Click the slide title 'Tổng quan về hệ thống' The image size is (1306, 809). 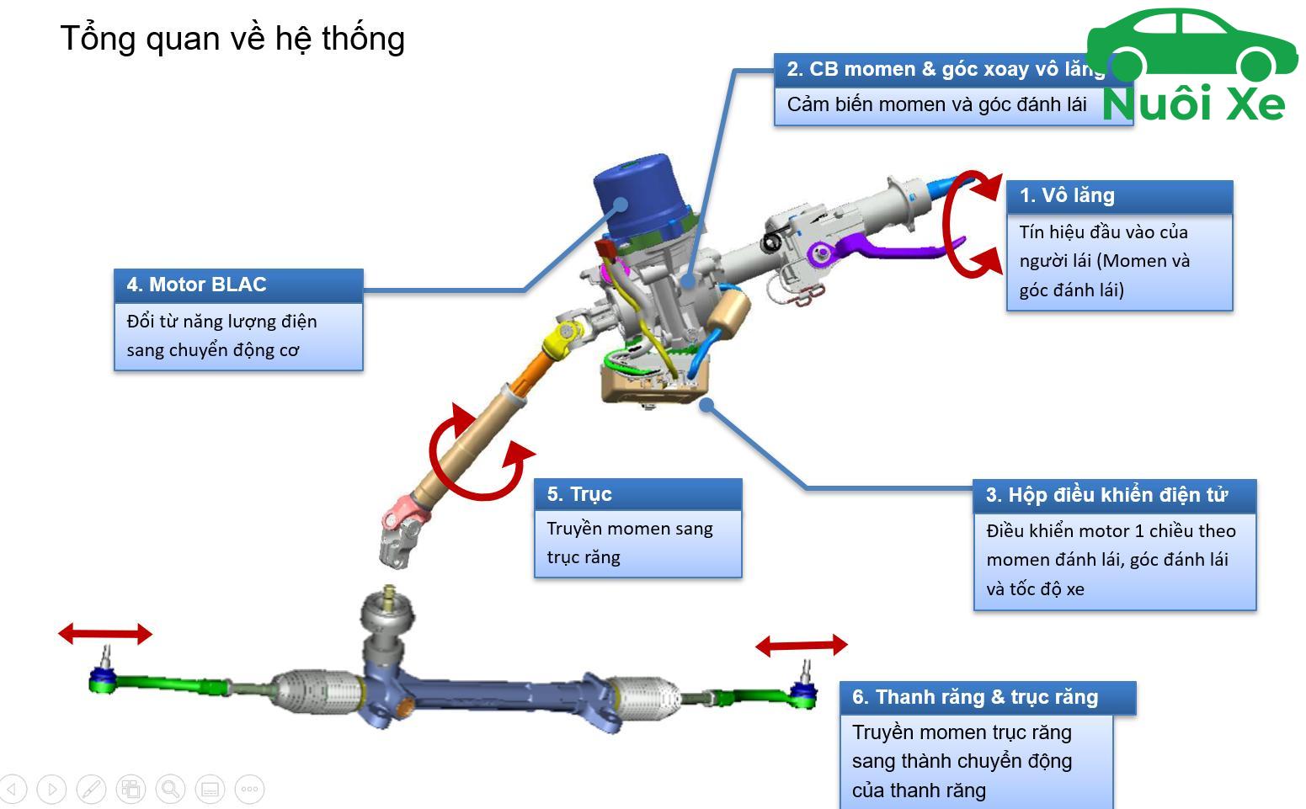(232, 39)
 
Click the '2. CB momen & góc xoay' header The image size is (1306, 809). (943, 69)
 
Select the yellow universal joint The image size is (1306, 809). (562, 338)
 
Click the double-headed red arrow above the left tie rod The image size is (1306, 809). (105, 633)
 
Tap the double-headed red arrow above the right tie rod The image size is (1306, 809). (802, 646)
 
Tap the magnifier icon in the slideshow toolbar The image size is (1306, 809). (170, 789)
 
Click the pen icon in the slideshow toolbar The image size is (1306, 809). (91, 789)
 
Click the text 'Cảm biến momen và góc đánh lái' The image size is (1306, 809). (936, 104)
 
